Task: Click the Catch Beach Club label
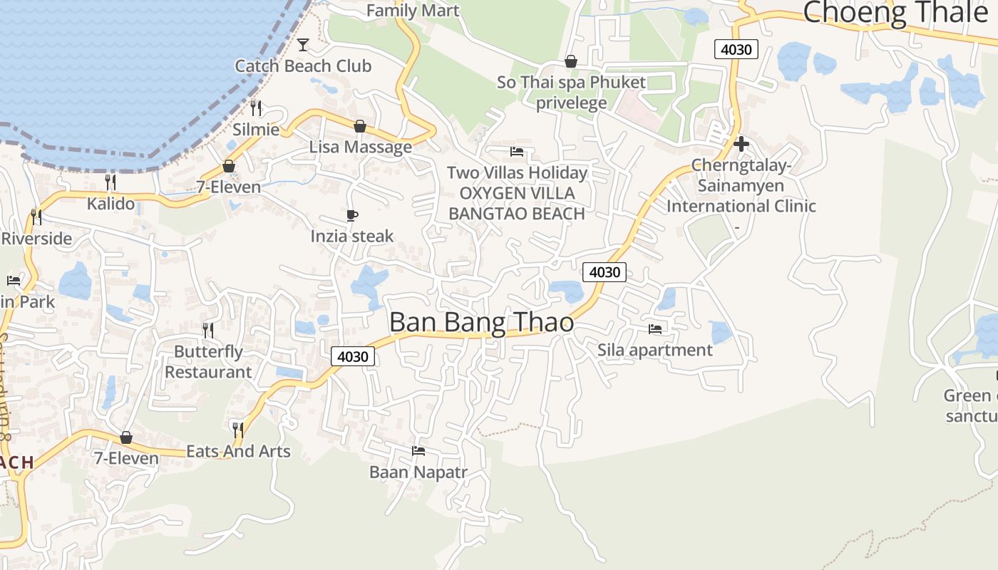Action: tap(303, 66)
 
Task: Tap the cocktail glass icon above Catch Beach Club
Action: tap(303, 45)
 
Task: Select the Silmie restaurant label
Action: tap(256, 130)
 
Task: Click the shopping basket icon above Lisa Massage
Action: tap(360, 127)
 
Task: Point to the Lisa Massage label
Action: tap(360, 147)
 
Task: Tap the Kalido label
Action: tap(110, 204)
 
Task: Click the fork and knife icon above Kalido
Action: tap(110, 182)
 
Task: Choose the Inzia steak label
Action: tap(351, 236)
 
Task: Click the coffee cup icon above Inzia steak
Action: tap(351, 215)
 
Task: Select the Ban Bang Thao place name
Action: tap(481, 323)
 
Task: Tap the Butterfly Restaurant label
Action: tap(208, 362)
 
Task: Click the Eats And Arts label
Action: tap(238, 451)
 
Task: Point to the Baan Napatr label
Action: tap(418, 472)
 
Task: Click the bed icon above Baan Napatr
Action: tap(418, 451)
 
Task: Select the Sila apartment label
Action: tap(654, 350)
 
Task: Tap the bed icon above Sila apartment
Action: tap(655, 329)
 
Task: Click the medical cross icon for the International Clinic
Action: tap(741, 145)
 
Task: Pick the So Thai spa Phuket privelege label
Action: tap(571, 92)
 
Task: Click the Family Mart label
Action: tap(413, 11)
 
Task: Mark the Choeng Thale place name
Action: tap(895, 12)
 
